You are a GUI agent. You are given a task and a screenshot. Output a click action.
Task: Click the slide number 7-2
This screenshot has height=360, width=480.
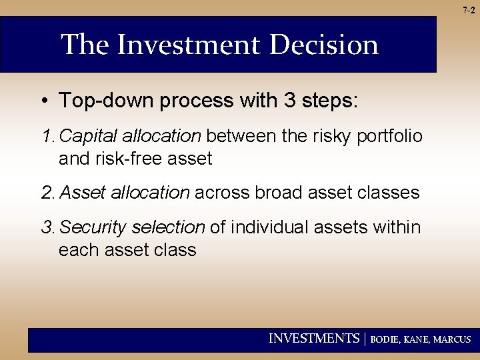coord(469,10)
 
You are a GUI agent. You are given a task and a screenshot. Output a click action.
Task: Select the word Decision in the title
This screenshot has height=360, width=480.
coord(324,45)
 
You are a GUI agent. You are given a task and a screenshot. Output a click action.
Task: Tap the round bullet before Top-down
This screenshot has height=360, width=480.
coord(43,101)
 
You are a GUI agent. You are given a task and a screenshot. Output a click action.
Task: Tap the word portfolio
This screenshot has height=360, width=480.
coord(390,137)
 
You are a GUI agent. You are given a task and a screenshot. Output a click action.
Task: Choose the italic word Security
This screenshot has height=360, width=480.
coord(93,228)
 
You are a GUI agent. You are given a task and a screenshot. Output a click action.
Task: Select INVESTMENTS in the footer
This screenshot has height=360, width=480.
coord(313,339)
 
